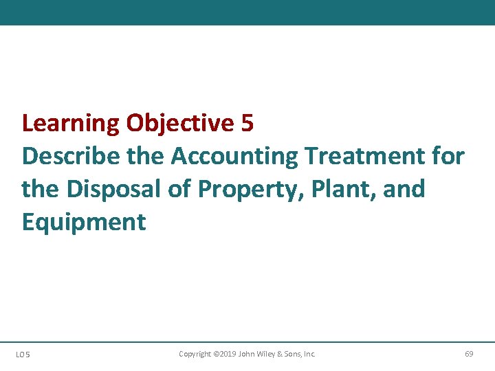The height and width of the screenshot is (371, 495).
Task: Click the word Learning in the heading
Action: (x=71, y=124)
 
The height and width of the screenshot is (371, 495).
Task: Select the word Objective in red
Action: (x=181, y=124)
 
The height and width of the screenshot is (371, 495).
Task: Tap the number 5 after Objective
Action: (x=248, y=124)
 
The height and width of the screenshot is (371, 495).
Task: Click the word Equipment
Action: (x=84, y=222)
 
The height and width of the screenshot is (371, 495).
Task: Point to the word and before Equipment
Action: (x=404, y=189)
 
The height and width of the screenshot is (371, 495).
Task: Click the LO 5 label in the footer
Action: (x=23, y=355)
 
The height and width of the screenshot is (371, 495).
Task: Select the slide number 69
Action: (x=469, y=354)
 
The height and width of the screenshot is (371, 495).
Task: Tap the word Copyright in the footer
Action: (x=195, y=354)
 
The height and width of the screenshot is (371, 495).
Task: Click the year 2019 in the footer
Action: (x=228, y=354)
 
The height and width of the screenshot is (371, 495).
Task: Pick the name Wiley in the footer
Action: (x=265, y=354)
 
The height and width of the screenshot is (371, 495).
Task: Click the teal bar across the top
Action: (x=247, y=12)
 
